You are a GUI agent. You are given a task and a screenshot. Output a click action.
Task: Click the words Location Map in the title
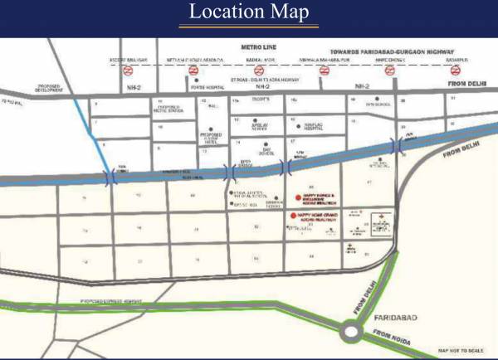tap(249, 13)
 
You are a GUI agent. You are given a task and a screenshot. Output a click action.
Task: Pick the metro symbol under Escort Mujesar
tap(127, 71)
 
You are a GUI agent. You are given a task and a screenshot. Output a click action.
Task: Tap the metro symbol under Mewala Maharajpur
tap(325, 71)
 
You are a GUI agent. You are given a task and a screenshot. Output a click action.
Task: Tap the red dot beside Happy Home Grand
tap(292, 216)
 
